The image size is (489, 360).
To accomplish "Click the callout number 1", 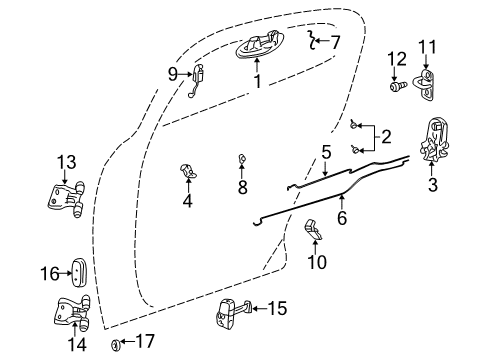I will tap(258, 83).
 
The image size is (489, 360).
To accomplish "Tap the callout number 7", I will tap(335, 42).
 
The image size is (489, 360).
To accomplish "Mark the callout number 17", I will tap(145, 341).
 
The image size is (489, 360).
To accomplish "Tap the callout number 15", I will tap(277, 308).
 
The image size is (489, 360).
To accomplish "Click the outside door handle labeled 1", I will tap(258, 49).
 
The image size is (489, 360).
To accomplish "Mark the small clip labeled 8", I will tap(242, 159).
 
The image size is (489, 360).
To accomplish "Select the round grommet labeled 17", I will tap(116, 344).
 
